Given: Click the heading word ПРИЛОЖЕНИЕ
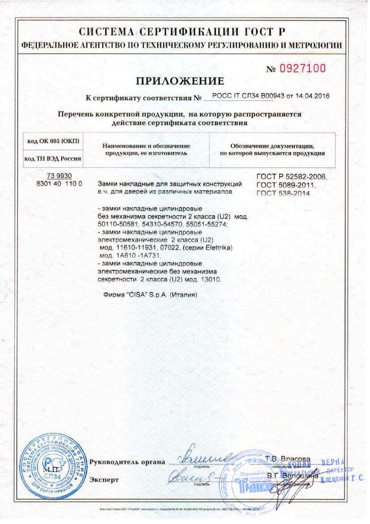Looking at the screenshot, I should (180, 81).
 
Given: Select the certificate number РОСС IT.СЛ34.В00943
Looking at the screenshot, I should (245, 97).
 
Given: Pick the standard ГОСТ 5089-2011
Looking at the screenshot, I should (286, 185).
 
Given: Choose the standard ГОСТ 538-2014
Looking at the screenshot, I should (283, 193).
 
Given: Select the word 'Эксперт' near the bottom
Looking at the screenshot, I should (104, 480).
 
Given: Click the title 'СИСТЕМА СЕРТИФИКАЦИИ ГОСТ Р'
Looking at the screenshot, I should (182, 32).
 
